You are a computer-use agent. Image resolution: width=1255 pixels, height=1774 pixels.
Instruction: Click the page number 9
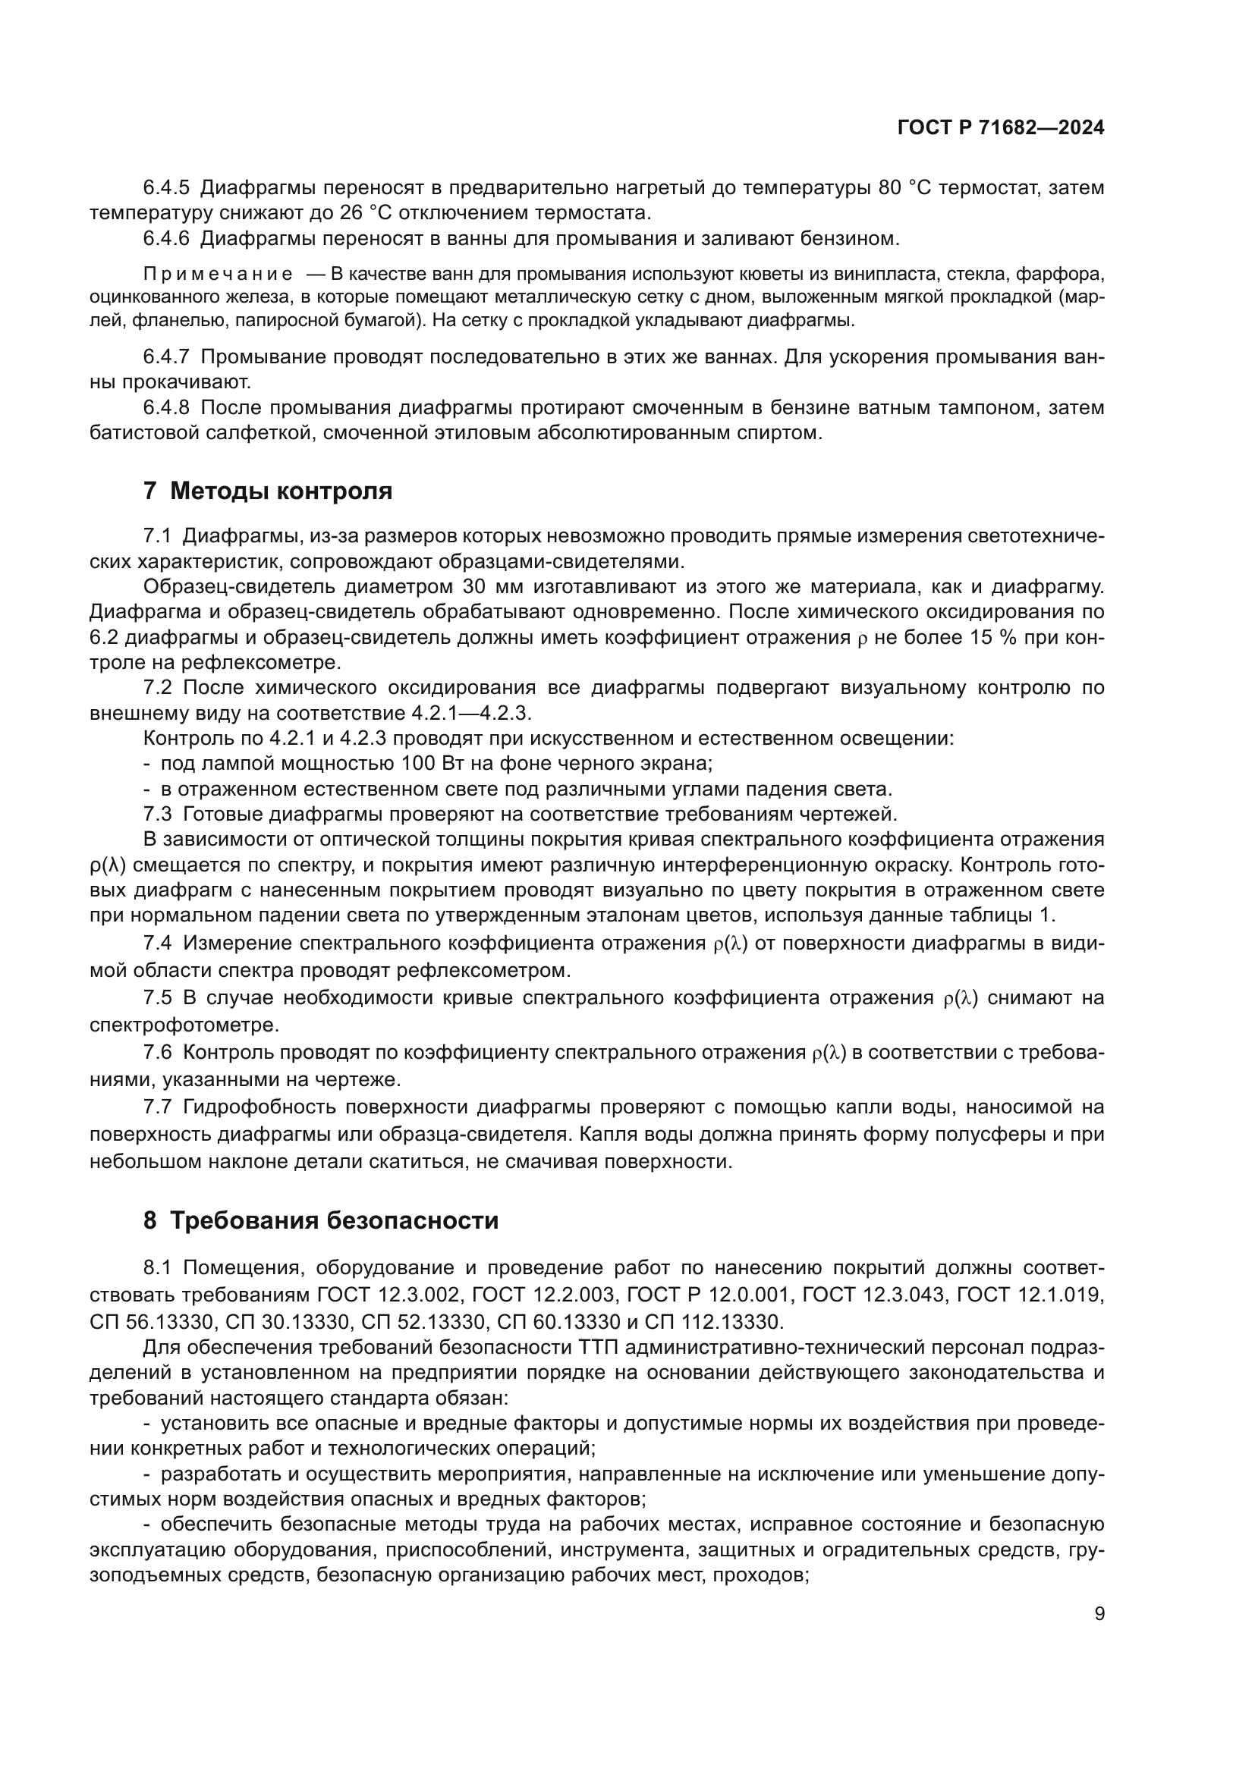(x=1099, y=1613)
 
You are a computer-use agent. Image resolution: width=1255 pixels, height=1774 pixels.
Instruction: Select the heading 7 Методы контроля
(x=267, y=491)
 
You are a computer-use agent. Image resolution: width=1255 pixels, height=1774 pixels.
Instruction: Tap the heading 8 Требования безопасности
(x=321, y=1221)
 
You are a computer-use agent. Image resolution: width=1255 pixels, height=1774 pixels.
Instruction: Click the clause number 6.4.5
(x=166, y=188)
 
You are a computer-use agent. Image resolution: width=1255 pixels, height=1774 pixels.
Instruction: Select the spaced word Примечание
(x=218, y=275)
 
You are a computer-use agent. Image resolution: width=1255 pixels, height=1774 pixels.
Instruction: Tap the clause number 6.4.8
(x=166, y=407)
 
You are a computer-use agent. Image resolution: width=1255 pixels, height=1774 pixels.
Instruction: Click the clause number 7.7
(x=158, y=1107)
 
